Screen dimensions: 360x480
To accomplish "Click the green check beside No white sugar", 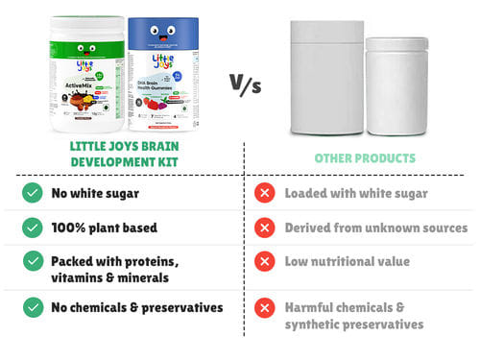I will tap(32, 193).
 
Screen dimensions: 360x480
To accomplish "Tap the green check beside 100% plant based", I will tap(32, 228).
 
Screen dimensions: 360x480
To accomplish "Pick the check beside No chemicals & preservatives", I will tap(32, 307).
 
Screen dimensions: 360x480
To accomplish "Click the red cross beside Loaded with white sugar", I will tap(264, 193).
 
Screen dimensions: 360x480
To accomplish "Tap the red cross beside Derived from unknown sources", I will tap(264, 228).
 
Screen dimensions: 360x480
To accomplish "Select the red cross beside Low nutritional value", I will tap(264, 261).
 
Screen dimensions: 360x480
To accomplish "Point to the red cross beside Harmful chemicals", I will tap(264, 307).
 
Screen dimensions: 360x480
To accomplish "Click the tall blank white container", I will tap(327, 79).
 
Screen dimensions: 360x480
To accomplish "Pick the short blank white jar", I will tap(396, 86).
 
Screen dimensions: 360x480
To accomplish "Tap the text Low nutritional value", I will tap(347, 261).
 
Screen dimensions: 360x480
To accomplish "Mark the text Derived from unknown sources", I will tap(375, 228).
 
